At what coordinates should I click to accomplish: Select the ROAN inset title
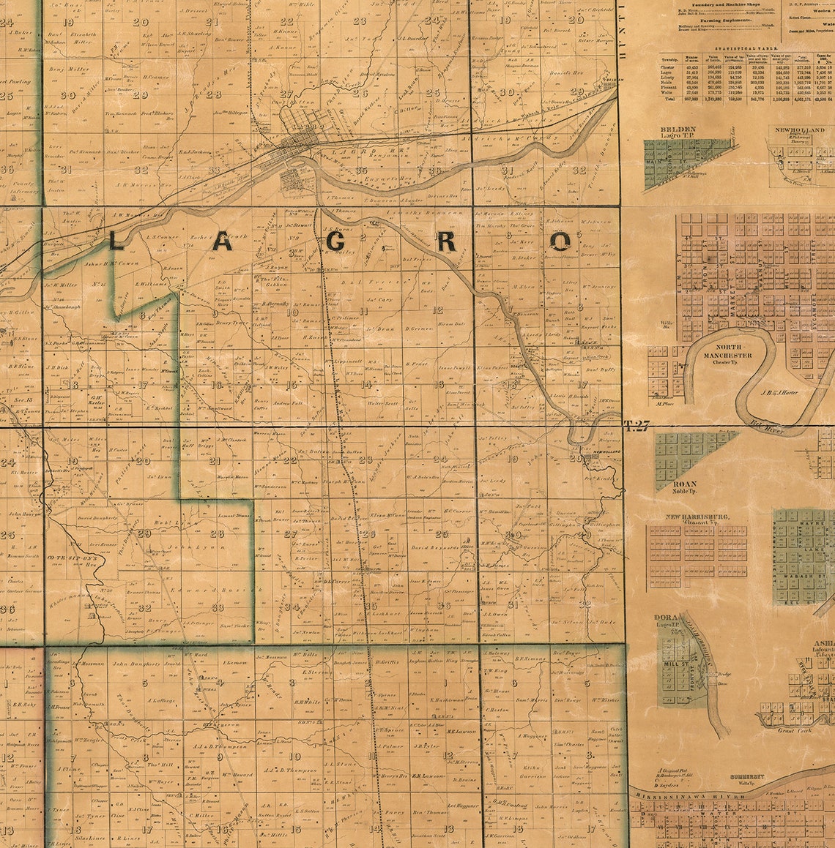[686, 484]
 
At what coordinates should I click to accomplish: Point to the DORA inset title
[665, 618]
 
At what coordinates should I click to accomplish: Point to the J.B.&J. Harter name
[779, 391]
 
